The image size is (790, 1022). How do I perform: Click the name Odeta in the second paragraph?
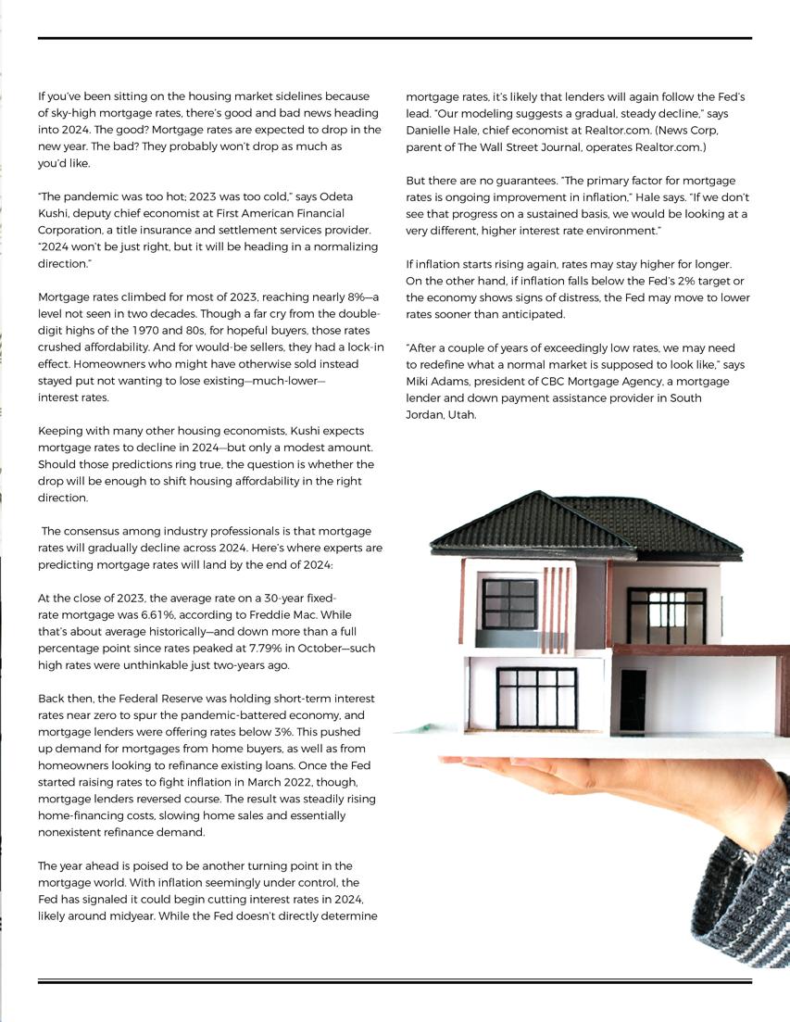(x=337, y=196)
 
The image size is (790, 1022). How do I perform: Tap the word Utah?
(x=461, y=415)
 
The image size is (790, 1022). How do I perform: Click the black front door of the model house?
(x=633, y=700)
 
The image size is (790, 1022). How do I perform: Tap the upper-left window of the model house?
(x=508, y=604)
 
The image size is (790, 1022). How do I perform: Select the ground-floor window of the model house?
(x=536, y=698)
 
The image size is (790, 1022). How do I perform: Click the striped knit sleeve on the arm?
(x=746, y=890)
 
